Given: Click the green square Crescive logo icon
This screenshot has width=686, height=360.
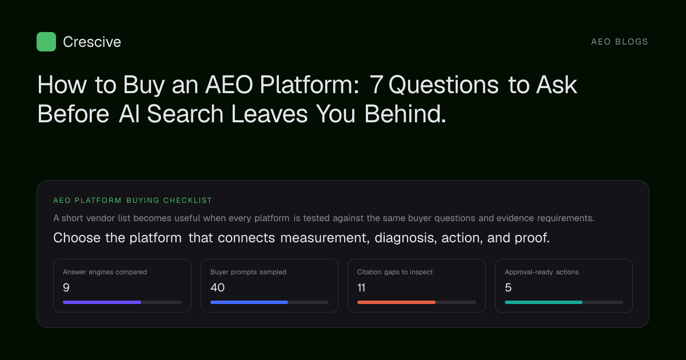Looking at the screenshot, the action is pyautogui.click(x=46, y=42).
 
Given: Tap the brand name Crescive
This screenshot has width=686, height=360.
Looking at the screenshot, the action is pyautogui.click(x=92, y=42).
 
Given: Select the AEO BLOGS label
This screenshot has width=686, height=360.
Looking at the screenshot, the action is pyautogui.click(x=619, y=42).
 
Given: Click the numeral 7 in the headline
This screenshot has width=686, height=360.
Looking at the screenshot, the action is pyautogui.click(x=376, y=85).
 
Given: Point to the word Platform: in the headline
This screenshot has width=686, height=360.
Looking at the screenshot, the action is pyautogui.click(x=309, y=85).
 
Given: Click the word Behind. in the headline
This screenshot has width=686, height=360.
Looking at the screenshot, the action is pyautogui.click(x=405, y=114).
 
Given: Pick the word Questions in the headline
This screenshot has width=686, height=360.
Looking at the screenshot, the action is pyautogui.click(x=444, y=85).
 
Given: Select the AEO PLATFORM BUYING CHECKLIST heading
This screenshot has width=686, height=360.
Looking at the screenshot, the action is pyautogui.click(x=133, y=201).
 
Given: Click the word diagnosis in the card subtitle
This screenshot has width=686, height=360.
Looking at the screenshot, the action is pyautogui.click(x=406, y=238).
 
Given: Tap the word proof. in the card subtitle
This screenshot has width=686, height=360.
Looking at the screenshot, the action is pyautogui.click(x=532, y=238).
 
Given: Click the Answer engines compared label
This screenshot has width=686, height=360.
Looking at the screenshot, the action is pyautogui.click(x=105, y=272).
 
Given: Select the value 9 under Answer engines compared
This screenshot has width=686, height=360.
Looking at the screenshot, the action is pyautogui.click(x=66, y=287).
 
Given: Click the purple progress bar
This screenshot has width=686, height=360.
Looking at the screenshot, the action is pyautogui.click(x=102, y=302).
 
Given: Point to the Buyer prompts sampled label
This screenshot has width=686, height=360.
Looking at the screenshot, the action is pyautogui.click(x=248, y=272).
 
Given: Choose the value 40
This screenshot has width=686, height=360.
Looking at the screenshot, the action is pyautogui.click(x=217, y=287).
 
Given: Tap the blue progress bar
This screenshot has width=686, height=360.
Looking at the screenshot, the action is pyautogui.click(x=249, y=302).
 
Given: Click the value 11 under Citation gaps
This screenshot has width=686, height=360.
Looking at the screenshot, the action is pyautogui.click(x=361, y=287).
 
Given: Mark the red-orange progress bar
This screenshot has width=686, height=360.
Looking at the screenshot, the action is pyautogui.click(x=396, y=302).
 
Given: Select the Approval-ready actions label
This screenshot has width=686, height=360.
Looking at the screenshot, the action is pyautogui.click(x=542, y=272).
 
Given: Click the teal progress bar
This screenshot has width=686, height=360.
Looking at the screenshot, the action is pyautogui.click(x=544, y=302).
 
